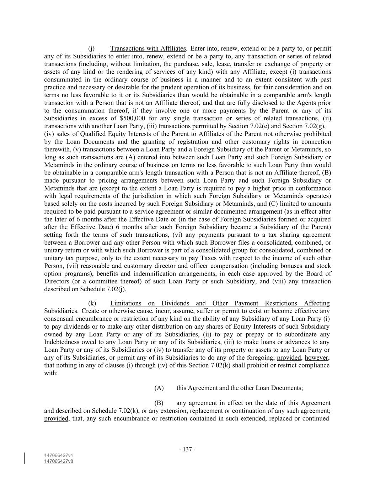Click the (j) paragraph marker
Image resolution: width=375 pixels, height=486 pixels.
point(91,48)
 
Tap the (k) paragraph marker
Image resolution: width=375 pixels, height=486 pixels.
point(92,303)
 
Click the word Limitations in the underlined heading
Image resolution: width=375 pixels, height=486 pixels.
point(126,303)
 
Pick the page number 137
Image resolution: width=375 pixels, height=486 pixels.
point(187,449)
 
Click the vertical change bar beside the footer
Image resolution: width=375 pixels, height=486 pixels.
point(25,458)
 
